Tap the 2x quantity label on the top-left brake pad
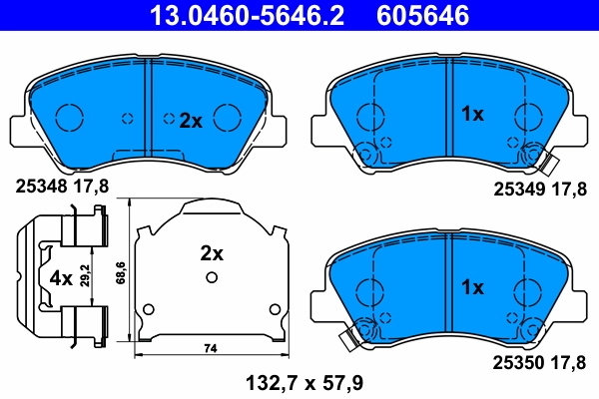click(190, 121)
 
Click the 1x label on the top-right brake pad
click(471, 115)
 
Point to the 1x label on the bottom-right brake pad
click(471, 287)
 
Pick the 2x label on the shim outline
click(211, 253)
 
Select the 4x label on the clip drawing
click(60, 278)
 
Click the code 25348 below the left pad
click(41, 184)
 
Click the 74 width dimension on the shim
click(210, 348)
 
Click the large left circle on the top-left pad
click(70, 118)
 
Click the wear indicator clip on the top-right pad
click(544, 158)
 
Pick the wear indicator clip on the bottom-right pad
click(351, 336)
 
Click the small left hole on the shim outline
click(148, 306)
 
